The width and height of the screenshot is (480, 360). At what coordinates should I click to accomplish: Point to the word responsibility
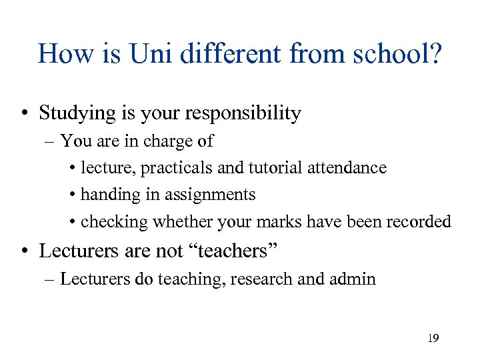point(246,113)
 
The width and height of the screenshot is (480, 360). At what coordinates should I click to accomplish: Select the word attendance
point(347,168)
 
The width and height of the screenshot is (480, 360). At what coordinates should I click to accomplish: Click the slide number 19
point(433,339)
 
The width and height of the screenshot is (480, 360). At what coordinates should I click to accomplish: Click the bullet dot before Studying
point(24,114)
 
